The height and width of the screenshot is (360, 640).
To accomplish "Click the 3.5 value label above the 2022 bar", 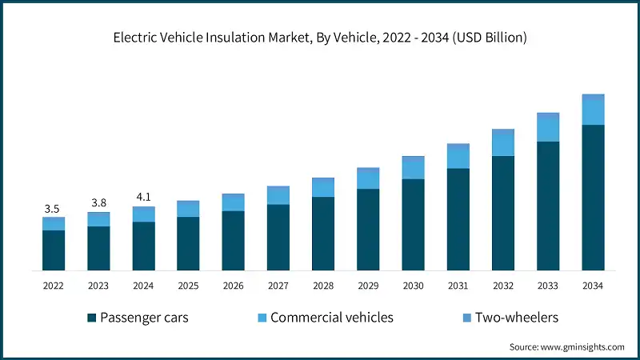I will [53, 209].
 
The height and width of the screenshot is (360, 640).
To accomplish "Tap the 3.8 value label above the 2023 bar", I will [98, 203].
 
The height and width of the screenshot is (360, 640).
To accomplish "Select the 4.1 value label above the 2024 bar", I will [143, 198].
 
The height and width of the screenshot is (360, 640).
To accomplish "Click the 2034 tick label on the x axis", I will [593, 286].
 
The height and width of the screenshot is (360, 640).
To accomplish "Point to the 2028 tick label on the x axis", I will [323, 286].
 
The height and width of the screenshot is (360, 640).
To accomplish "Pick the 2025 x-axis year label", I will [188, 286].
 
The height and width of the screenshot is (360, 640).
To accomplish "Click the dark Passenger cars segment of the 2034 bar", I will [593, 198].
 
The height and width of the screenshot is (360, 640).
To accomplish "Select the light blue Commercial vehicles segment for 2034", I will [593, 110].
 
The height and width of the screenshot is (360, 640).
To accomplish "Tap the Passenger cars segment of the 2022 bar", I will [53, 250].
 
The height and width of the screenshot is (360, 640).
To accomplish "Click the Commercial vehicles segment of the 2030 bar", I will [413, 168].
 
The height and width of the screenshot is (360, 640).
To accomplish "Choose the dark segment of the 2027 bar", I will [278, 238].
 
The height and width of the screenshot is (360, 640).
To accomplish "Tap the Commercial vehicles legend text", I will [332, 318].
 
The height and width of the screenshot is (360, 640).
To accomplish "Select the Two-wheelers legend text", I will [516, 318].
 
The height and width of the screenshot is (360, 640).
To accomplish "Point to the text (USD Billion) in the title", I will [488, 38].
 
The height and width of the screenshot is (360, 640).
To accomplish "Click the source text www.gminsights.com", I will [582, 346].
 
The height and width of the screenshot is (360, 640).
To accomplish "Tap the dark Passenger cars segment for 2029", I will [368, 230].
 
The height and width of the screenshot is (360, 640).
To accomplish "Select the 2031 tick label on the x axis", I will [458, 286].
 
